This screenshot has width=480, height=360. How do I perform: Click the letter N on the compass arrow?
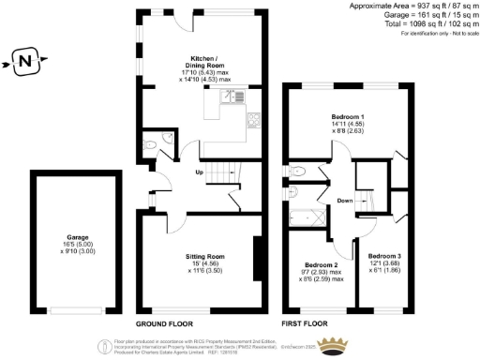click(x=24, y=65)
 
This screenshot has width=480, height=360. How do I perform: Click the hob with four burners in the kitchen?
click(x=254, y=119)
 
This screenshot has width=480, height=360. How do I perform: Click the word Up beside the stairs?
click(x=200, y=172)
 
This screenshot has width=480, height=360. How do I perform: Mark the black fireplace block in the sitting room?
click(x=257, y=252)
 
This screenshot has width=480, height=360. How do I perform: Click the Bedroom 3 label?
click(x=385, y=256)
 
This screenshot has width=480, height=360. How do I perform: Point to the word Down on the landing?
click(x=345, y=200)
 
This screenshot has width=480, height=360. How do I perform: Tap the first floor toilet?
click(x=297, y=172)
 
